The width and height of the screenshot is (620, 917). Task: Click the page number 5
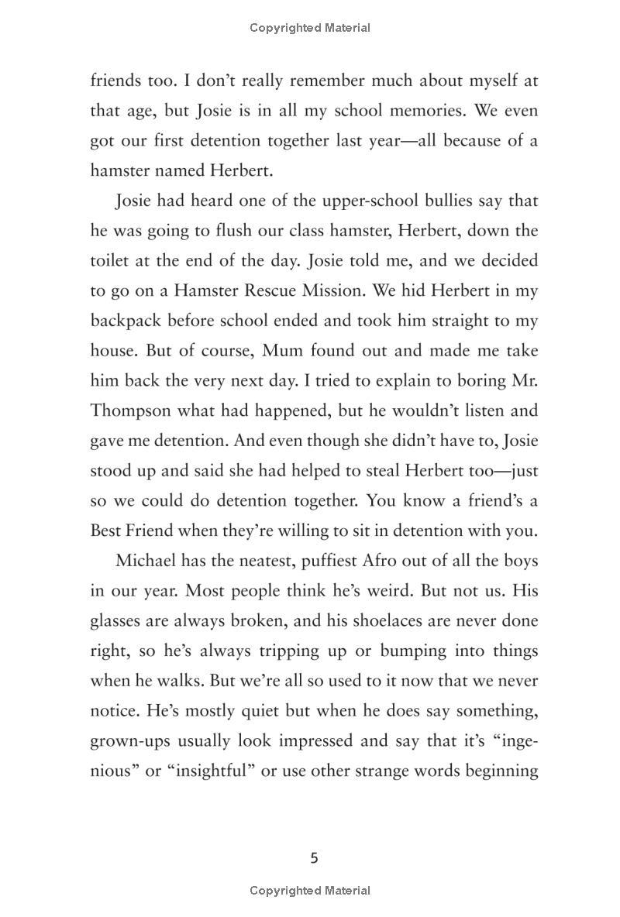(314, 857)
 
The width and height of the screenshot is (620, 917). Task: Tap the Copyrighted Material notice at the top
(310, 28)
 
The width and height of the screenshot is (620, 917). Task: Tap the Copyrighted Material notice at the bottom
(310, 891)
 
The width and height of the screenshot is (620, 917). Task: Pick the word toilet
(111, 261)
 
